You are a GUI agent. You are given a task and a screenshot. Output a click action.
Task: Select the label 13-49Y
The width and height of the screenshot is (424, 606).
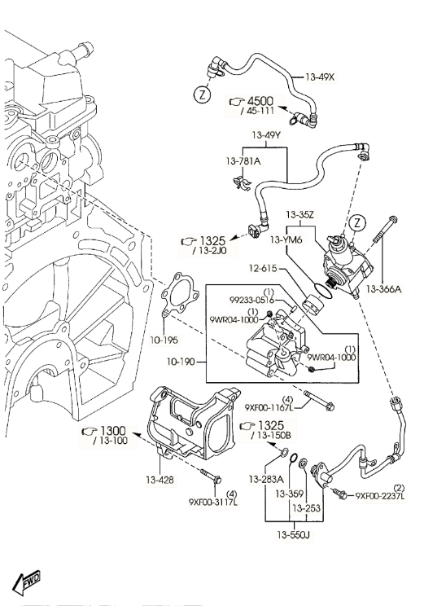(x=266, y=134)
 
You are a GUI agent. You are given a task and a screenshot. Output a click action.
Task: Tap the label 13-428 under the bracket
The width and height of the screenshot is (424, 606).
(x=161, y=480)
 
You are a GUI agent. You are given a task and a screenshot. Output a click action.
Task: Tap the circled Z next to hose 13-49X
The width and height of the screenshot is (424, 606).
(x=201, y=95)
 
